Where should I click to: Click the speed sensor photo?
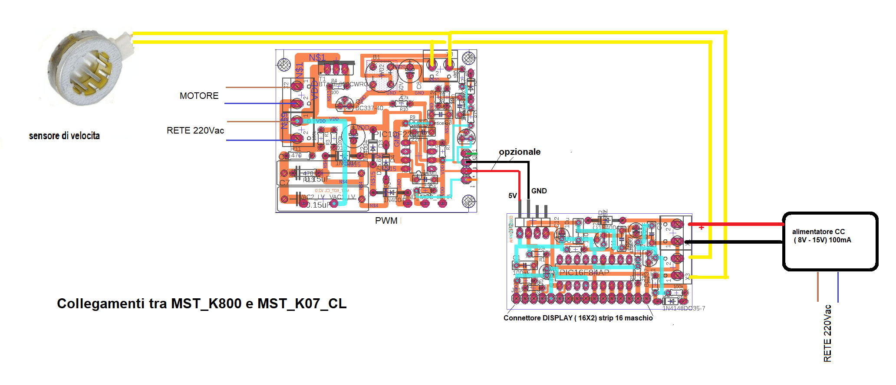point(85,67)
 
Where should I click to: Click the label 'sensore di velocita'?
point(64,136)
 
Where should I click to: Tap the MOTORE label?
point(199,96)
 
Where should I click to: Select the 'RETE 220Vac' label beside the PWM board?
point(195,131)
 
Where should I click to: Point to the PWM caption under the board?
point(386,221)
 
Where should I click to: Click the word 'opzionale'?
point(520,152)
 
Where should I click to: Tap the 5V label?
point(513,196)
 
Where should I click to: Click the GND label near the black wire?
point(539,191)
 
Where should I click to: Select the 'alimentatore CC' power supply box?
point(830,241)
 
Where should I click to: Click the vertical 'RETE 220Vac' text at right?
point(827,333)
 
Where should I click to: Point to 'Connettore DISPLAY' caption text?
point(578,318)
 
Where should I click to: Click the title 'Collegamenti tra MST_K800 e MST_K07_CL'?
point(202,303)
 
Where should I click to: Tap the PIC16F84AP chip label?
point(584,272)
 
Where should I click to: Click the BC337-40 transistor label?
point(369,108)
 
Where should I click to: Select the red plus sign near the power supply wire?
point(702,227)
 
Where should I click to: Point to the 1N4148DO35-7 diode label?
point(684,308)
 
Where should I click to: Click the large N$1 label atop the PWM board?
point(317,58)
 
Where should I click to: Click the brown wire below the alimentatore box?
point(818,286)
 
